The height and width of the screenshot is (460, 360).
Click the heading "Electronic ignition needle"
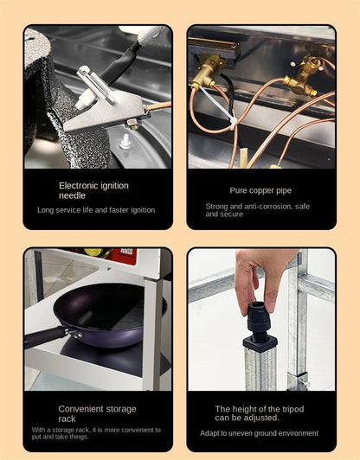point(93,190)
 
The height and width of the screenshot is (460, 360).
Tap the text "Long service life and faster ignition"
point(96,210)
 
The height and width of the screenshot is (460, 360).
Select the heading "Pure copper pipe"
point(260,191)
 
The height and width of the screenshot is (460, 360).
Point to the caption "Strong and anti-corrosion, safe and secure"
point(258,210)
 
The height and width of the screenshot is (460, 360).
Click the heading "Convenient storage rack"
point(97,413)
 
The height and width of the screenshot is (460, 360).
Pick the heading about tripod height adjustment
point(260,413)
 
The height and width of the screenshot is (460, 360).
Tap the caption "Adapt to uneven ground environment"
point(259,433)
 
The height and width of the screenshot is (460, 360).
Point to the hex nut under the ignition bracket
point(133,124)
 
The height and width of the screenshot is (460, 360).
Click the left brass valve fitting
point(208,72)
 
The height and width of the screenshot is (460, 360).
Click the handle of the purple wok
point(44,337)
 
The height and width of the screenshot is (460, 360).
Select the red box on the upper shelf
point(124,256)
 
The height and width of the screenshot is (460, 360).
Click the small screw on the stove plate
point(125,142)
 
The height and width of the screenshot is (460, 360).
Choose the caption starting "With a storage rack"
point(96,433)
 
